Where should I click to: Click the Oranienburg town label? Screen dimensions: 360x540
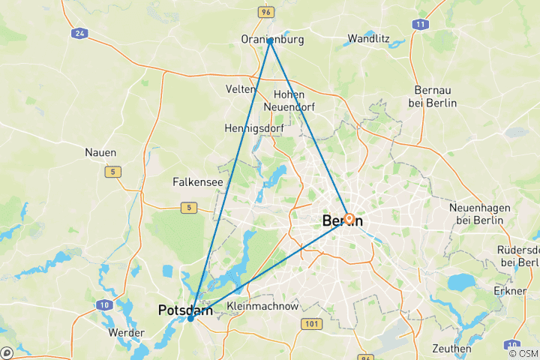tap(272, 39)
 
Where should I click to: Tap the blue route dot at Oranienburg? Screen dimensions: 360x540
tap(270, 41)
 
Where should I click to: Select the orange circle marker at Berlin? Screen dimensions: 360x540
tap(349, 218)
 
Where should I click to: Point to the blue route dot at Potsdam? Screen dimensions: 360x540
tap(190, 318)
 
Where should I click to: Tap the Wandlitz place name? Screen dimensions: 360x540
tap(367, 38)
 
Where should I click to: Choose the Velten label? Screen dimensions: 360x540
tap(241, 89)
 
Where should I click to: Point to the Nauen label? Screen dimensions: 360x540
tap(100, 152)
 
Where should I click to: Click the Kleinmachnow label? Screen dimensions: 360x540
tap(262, 307)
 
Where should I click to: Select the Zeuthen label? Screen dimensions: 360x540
tap(452, 348)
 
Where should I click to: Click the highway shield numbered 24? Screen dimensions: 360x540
tap(79, 34)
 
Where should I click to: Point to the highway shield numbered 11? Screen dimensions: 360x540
tap(420, 25)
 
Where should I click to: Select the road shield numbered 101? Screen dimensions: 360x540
tap(311, 323)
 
